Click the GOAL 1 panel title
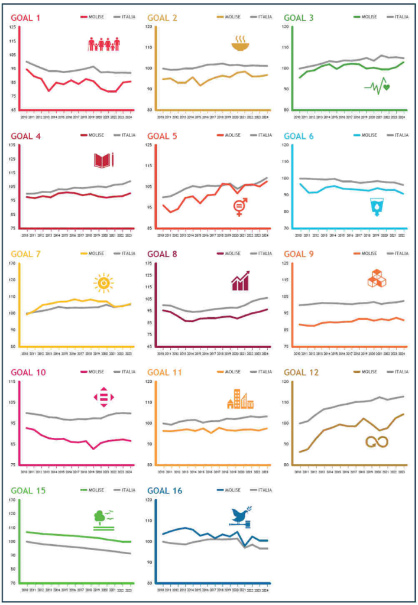coord(25,18)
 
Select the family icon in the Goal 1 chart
coord(104,44)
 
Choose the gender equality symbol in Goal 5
coord(241,207)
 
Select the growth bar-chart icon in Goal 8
coord(240,281)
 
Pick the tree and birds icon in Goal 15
coord(103,518)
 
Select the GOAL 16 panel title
coord(163,490)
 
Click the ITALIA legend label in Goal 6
coord(398,135)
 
